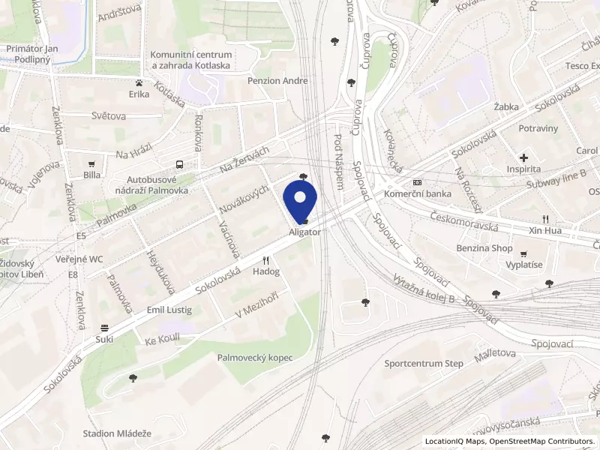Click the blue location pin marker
pyautogui.click(x=301, y=200)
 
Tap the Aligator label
pyautogui.click(x=305, y=232)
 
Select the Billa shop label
pyautogui.click(x=92, y=175)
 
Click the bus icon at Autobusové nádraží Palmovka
pyautogui.click(x=178, y=164)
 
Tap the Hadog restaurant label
pyautogui.click(x=265, y=271)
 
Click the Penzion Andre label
pyautogui.click(x=278, y=80)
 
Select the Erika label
pyautogui.click(x=139, y=94)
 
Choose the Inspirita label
pyautogui.click(x=524, y=169)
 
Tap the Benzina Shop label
pyautogui.click(x=484, y=247)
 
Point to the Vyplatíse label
pyautogui.click(x=523, y=265)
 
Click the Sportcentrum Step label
pyautogui.click(x=424, y=364)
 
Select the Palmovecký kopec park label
pyautogui.click(x=255, y=358)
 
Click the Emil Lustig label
pyautogui.click(x=169, y=310)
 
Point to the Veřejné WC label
pyautogui.click(x=79, y=259)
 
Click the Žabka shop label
pyautogui.click(x=506, y=107)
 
